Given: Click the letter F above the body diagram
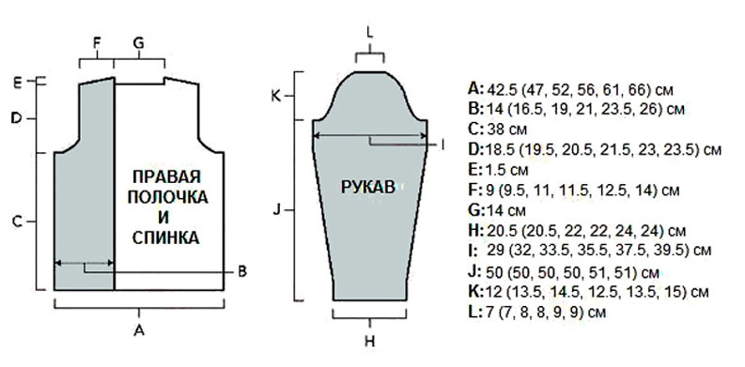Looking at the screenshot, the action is coord(97,43).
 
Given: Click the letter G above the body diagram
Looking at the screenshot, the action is coord(138,43).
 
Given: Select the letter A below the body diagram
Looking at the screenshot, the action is coord(139,330).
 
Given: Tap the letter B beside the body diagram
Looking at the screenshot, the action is coord(242,272).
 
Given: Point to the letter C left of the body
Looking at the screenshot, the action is coord(17,222).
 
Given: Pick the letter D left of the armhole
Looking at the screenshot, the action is coord(17,118).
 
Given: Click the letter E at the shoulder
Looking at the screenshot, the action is coord(17,84).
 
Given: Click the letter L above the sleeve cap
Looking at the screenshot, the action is coord(370,33).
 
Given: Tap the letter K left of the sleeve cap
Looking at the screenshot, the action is coord(276,97).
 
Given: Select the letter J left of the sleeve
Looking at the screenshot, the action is coord(276,209).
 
